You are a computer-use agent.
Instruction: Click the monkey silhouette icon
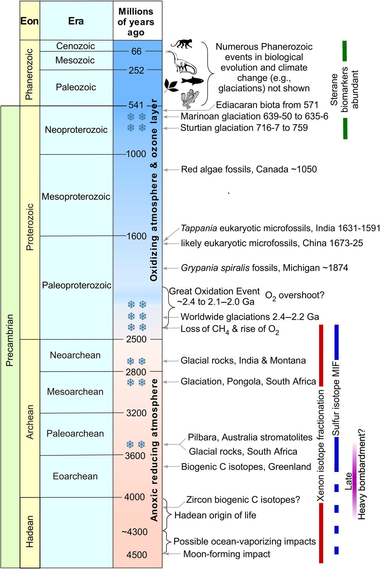181,44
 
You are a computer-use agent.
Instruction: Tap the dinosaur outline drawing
181,62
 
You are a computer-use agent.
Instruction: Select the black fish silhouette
192,80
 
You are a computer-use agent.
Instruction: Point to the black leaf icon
171,85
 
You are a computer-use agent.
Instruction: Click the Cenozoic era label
75,46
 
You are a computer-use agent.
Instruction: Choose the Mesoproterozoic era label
76,197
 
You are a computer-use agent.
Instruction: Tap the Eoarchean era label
75,476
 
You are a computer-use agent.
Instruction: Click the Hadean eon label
30,532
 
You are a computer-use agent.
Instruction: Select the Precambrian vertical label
10,340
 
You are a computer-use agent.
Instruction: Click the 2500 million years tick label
136,339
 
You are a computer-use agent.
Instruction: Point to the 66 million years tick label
136,51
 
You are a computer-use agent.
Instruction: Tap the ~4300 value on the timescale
135,532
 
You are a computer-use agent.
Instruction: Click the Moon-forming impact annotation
227,554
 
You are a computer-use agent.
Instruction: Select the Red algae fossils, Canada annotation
249,170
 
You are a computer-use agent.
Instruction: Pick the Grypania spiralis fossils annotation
264,268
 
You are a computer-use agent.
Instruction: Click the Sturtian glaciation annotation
244,128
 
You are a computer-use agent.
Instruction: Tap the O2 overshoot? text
295,296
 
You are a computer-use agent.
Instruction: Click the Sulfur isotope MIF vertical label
336,398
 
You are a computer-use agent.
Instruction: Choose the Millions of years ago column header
136,22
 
